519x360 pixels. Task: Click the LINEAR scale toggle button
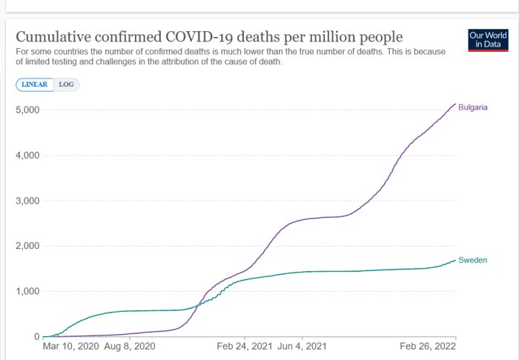(x=35, y=84)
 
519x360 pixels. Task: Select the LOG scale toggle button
(x=67, y=84)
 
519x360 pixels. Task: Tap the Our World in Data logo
(x=488, y=40)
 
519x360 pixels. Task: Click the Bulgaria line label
(x=473, y=107)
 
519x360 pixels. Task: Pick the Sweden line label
(x=473, y=260)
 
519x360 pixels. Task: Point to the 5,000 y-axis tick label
(x=27, y=110)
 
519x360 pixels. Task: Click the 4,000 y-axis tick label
(x=27, y=155)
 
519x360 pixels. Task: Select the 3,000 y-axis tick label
(x=27, y=201)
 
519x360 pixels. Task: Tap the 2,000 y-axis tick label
(x=27, y=246)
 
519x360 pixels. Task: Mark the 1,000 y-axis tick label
(x=27, y=291)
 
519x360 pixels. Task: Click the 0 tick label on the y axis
(x=36, y=336)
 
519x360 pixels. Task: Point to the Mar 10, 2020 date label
(x=71, y=346)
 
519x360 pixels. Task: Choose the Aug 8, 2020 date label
(x=130, y=346)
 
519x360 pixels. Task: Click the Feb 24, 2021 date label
(x=245, y=346)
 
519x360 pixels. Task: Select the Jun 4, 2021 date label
(x=302, y=346)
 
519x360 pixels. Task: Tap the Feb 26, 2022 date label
(x=428, y=346)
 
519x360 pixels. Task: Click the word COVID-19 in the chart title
(x=199, y=37)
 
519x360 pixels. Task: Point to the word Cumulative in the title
(x=53, y=37)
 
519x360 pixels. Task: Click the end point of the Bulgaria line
(x=455, y=104)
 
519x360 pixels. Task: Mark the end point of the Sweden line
(x=455, y=260)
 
